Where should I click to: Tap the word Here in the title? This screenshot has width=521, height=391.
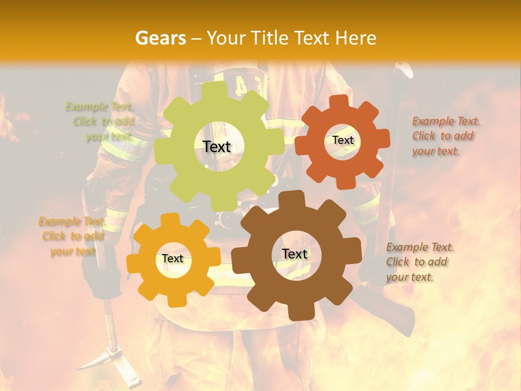tap(355, 38)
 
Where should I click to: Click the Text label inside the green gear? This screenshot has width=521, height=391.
tap(217, 147)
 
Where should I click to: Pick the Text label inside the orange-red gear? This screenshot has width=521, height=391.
tap(342, 140)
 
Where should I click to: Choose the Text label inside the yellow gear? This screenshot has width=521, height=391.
tap(173, 259)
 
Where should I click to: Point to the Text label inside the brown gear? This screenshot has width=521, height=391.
tap(295, 254)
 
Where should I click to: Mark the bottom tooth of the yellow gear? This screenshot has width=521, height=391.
tap(174, 300)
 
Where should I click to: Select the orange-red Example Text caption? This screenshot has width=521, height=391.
tap(446, 136)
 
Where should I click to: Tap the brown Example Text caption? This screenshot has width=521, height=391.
tap(419, 262)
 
